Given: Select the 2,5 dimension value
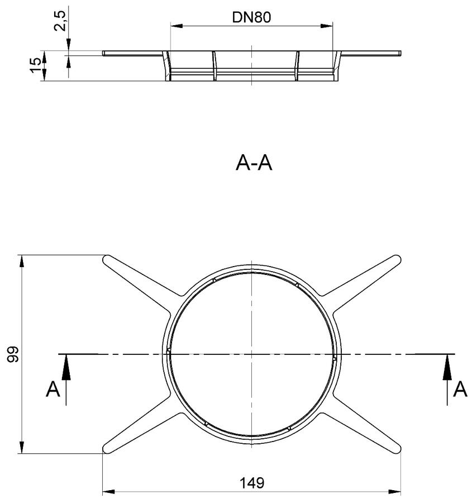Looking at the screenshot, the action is (x=60, y=21).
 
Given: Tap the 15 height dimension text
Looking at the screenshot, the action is (x=36, y=65).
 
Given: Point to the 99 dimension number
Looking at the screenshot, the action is (x=13, y=354).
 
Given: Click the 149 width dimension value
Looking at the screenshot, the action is (x=252, y=482).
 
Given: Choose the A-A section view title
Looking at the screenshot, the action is (x=254, y=163).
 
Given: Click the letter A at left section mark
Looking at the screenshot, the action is (x=53, y=389).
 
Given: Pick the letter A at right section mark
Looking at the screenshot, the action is (x=460, y=389).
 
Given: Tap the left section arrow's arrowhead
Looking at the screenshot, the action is (x=66, y=367).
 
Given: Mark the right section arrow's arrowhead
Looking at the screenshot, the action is (x=447, y=367).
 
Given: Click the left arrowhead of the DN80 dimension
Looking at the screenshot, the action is (x=177, y=26).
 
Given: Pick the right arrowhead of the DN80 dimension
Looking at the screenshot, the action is (x=327, y=26).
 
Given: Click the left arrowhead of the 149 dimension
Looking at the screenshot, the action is (x=108, y=492).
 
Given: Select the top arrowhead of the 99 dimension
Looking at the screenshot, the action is (x=21, y=261).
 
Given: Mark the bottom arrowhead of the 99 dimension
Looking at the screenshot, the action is (x=21, y=447).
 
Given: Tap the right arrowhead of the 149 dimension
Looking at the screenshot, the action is (x=395, y=492).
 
